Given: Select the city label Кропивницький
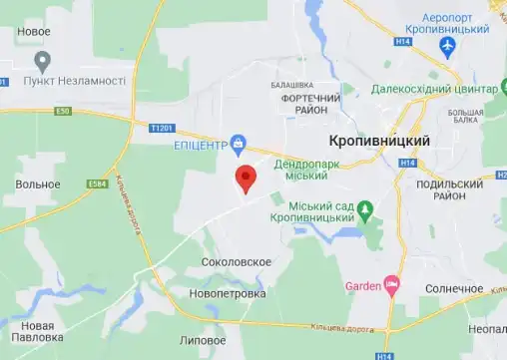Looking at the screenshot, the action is coord(379,141).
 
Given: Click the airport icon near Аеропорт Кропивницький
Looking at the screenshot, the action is coord(447,46).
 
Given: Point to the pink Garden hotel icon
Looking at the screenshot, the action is coord(391,287).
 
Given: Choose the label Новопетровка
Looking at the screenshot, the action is coord(229,295).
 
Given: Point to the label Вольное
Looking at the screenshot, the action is coord(38,183).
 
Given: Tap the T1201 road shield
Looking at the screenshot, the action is coord(162,128).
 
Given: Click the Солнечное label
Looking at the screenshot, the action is coord(449,288).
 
